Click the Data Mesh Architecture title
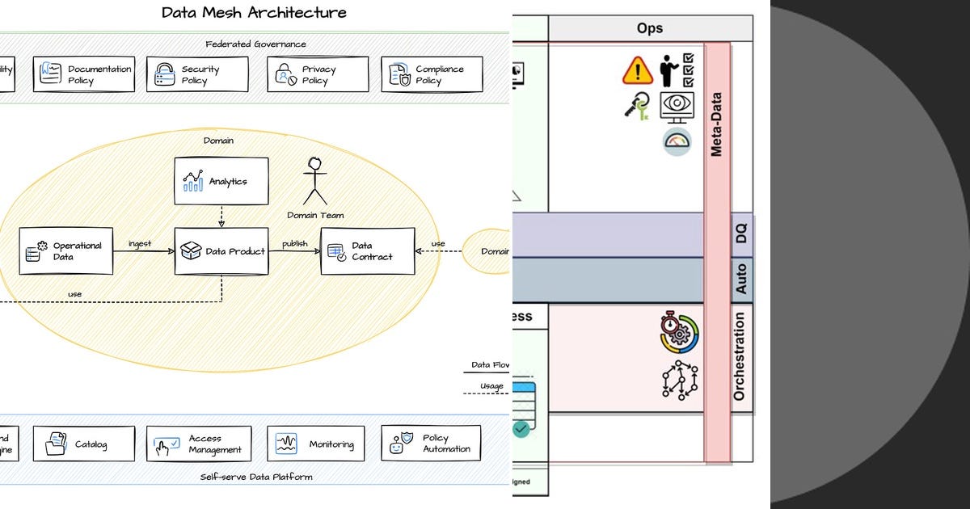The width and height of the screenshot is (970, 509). point(254,12)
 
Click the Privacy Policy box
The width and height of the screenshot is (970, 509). point(318,74)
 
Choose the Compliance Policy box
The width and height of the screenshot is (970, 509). point(432,74)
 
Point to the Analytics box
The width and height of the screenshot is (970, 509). point(221,181)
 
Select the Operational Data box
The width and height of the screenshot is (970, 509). point(65,251)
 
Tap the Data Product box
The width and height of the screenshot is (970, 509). point(221,251)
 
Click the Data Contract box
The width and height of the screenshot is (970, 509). point(368,251)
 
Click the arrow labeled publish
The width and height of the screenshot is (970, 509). point(294,250)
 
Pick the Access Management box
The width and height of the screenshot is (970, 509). point(199,444)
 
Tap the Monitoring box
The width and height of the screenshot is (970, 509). point(315,444)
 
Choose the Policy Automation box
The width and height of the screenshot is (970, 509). point(431,444)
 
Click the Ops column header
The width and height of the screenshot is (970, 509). point(649,28)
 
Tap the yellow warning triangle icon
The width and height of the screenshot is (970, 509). point(637,71)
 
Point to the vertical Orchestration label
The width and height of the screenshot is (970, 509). point(740,356)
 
